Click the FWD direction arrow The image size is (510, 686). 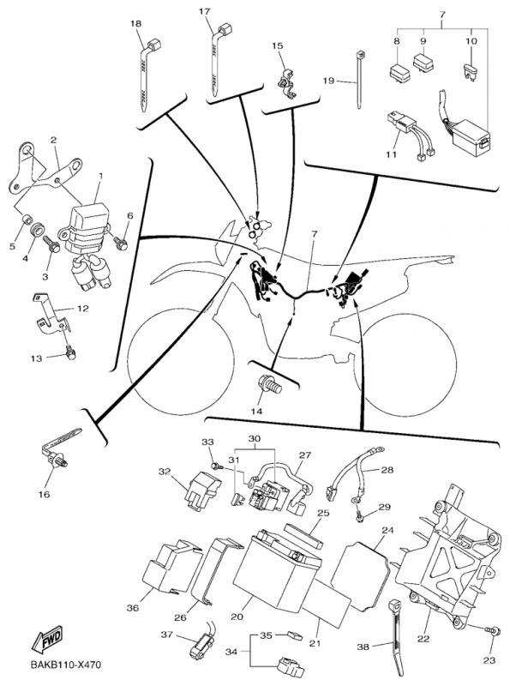(x=46, y=639)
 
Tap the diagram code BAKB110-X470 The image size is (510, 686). (x=66, y=665)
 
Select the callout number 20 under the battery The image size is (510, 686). (x=237, y=617)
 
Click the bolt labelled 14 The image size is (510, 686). (x=271, y=388)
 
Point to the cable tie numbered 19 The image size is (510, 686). (x=358, y=80)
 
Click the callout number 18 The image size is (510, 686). (x=136, y=23)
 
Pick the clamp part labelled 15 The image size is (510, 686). (x=286, y=82)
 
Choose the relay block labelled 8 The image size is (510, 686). (x=398, y=70)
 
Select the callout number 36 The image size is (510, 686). (x=133, y=608)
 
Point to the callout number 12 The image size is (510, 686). (x=82, y=309)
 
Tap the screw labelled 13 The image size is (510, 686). (x=70, y=352)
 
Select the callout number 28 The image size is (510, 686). (x=387, y=470)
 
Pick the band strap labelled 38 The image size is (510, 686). (x=397, y=635)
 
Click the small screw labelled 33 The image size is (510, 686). (x=217, y=466)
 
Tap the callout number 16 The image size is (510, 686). (x=45, y=495)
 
